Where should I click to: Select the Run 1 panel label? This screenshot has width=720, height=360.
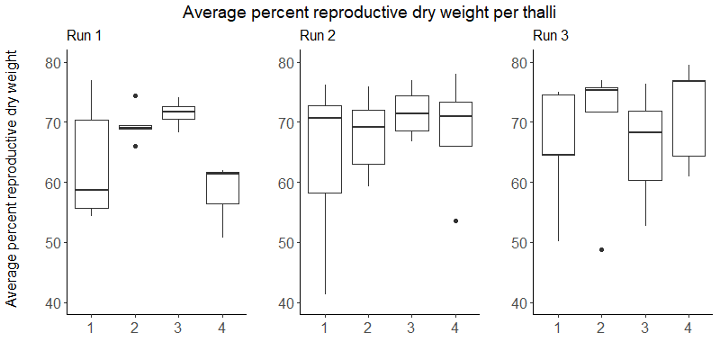pos(85,36)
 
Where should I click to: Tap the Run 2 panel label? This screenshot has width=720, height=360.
pos(317,36)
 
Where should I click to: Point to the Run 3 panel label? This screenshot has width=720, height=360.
pos(551,36)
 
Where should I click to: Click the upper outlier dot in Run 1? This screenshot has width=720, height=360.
pos(135,95)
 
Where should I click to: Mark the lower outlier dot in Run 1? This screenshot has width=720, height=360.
pos(135,146)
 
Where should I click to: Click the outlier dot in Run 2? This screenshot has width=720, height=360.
pos(455,220)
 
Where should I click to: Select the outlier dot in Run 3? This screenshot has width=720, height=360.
pos(601,249)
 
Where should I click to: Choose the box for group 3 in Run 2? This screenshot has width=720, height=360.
pos(411,113)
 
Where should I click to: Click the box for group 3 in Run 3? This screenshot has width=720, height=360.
pos(644,146)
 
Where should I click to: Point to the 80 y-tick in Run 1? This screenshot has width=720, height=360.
pos(55,62)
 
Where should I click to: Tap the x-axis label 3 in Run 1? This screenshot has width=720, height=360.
pos(178,328)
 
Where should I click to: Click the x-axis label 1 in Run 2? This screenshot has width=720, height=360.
pos(324,328)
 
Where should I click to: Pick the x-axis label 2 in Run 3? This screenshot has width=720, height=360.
pos(601,328)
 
